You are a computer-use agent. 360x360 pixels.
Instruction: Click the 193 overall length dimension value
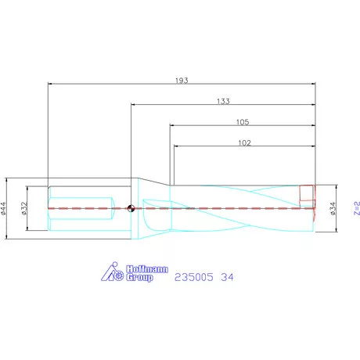click(183, 80)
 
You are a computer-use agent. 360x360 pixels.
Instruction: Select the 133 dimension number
click(223, 101)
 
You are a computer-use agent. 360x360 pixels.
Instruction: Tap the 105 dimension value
click(243, 122)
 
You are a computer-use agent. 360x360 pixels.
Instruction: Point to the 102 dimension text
click(243, 142)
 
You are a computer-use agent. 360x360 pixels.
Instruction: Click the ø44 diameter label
click(5, 208)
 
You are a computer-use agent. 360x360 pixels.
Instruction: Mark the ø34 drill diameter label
click(333, 208)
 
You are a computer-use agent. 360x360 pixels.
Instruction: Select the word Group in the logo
click(140, 279)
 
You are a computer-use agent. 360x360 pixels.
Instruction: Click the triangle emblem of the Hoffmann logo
click(111, 273)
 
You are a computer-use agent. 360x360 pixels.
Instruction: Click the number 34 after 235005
click(227, 277)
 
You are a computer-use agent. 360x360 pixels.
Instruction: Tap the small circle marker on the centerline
click(131, 208)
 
